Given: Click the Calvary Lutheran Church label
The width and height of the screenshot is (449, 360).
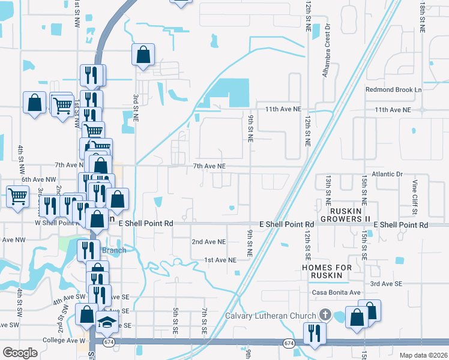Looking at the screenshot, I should [270, 316].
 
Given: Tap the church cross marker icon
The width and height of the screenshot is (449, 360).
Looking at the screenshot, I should [325, 314].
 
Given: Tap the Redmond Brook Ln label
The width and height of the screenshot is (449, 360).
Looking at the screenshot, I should [394, 90].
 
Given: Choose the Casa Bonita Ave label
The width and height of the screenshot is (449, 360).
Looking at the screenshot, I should [336, 292].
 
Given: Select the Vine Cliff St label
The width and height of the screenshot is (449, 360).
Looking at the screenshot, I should [415, 197].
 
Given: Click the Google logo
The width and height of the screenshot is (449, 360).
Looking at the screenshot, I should [20, 352].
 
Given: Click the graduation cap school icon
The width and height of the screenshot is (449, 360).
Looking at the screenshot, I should [107, 323].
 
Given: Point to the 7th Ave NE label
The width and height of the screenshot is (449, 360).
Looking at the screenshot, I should [209, 166].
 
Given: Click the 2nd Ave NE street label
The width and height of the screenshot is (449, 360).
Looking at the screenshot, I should [208, 242].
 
